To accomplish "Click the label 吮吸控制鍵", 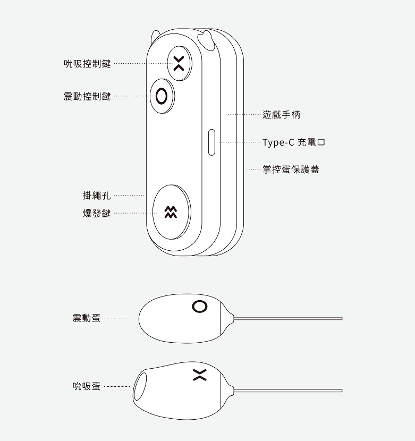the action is [87, 64].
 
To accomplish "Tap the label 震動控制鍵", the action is [87, 97].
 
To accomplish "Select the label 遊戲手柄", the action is [281, 115].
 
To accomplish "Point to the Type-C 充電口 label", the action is [294, 142].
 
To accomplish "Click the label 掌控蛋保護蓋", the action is [291, 169].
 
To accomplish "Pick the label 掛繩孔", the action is [97, 195].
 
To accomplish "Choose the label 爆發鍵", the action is [97, 214].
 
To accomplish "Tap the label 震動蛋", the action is [87, 318].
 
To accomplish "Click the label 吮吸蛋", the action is [87, 386].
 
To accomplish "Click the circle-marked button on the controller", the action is [162, 96].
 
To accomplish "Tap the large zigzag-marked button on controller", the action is [171, 212].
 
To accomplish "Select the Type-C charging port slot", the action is [211, 142].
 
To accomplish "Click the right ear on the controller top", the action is [206, 40].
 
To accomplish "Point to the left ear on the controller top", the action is [155, 36].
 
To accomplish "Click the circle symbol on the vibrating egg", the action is [200, 306].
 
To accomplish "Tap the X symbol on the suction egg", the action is [200, 375].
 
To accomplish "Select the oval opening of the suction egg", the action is [140, 386].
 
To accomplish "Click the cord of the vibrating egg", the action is [288, 318].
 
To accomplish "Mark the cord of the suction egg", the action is [288, 391].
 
